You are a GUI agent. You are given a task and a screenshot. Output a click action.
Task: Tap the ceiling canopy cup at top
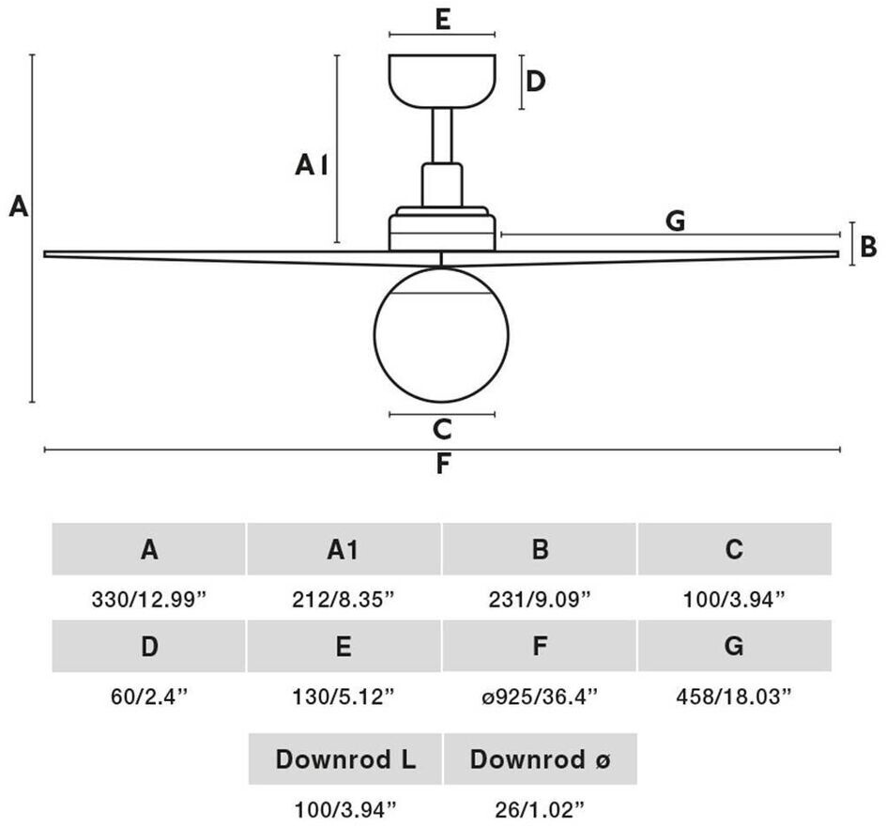tap(442, 81)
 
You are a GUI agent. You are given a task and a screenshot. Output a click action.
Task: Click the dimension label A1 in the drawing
tap(312, 166)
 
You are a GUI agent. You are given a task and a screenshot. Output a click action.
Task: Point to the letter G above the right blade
tap(675, 222)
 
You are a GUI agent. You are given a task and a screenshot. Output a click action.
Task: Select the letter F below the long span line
tap(443, 465)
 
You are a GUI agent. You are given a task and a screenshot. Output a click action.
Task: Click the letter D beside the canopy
tap(536, 82)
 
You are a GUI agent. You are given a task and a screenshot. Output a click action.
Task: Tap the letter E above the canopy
tap(443, 19)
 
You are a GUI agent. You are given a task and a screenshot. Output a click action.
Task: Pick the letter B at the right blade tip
tap(868, 246)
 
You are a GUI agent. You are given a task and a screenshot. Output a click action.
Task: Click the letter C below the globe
tap(442, 430)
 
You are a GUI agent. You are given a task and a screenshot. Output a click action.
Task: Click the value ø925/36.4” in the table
tap(540, 696)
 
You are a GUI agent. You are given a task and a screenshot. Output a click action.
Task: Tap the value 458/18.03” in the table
tap(734, 696)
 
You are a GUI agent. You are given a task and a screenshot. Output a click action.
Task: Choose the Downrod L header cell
tap(344, 759)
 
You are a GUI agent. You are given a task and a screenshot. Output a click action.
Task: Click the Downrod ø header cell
tap(540, 759)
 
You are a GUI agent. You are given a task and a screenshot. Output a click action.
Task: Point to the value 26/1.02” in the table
tap(540, 806)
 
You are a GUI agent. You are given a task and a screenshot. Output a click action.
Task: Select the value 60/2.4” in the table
tap(149, 696)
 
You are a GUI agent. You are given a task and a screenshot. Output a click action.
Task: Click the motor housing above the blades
tap(442, 229)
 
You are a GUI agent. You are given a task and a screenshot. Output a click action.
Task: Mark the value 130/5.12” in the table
tap(344, 696)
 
